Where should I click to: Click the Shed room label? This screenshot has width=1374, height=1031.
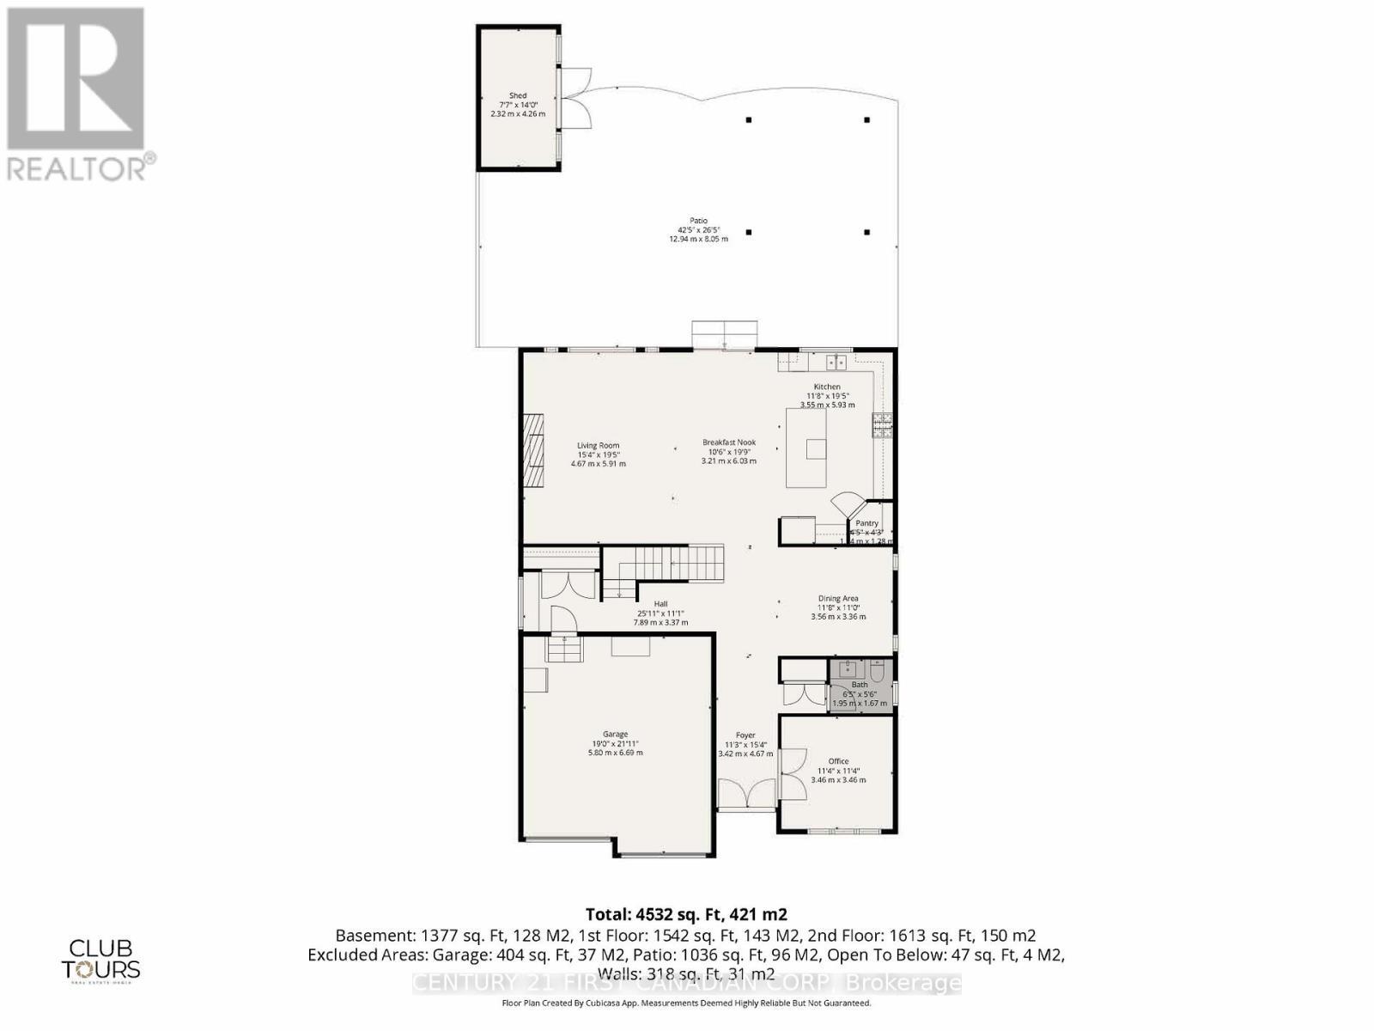click(517, 104)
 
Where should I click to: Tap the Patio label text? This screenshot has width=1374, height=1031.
click(698, 229)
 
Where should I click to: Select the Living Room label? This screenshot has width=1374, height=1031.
click(598, 454)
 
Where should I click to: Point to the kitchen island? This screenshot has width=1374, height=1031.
click(806, 448)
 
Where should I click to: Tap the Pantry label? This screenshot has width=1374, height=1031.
click(866, 523)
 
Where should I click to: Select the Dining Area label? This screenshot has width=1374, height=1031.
click(837, 607)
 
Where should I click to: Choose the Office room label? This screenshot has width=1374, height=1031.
click(838, 770)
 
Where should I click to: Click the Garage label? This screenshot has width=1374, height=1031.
click(615, 742)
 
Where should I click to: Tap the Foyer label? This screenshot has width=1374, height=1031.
click(745, 744)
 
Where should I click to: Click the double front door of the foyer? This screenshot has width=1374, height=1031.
click(746, 795)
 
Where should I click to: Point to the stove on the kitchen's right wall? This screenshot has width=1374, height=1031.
click(882, 425)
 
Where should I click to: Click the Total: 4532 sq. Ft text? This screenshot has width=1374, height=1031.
click(686, 914)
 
